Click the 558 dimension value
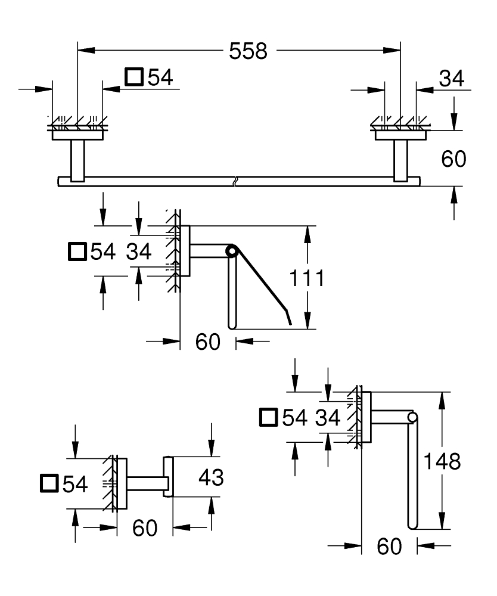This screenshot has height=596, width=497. coord(248,52)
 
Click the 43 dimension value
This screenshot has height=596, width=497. coord(211,477)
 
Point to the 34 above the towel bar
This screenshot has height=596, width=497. coord(451,78)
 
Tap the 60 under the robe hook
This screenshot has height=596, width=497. coord(145,527)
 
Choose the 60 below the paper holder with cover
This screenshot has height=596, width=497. coord(208,342)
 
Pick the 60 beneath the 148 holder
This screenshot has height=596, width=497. coord(389,546)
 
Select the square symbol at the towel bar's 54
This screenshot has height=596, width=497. coord(134,78)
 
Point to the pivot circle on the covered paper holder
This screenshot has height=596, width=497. coord(231,253)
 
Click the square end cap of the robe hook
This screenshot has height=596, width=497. coord(168,477)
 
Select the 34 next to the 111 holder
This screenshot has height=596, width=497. coord(139,252)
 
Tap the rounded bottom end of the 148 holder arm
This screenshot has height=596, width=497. coord(412,525)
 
